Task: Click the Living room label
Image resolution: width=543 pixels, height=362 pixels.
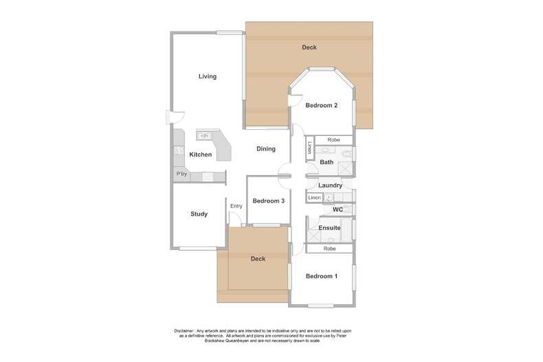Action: (208, 76)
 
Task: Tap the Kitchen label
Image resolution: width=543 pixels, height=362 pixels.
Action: (201, 155)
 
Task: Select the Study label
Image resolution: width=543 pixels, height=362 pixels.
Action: (199, 214)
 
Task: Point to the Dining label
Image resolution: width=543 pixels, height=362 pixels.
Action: (266, 149)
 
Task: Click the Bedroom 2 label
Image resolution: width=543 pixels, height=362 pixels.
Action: (321, 105)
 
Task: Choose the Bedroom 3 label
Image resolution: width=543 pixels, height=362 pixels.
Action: (268, 201)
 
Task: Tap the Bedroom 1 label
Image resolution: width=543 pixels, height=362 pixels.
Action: (321, 276)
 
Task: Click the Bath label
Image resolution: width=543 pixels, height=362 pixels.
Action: (326, 163)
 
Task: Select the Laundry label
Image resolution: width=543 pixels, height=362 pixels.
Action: (331, 185)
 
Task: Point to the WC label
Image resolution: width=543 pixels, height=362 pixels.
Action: (337, 210)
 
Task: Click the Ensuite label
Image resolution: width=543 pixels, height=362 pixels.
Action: (329, 227)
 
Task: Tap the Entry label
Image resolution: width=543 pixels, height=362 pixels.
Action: (236, 206)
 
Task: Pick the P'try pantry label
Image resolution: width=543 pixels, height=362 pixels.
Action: (182, 174)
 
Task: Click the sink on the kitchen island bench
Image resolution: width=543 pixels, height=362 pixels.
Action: (205, 136)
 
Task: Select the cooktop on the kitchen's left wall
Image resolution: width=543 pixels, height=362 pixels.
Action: (179, 150)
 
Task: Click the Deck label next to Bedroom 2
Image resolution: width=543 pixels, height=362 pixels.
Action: (309, 47)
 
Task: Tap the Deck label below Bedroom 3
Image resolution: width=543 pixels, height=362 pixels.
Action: (258, 259)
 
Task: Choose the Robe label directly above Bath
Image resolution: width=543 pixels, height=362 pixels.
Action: (333, 140)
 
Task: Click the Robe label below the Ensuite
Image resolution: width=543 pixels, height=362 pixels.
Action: (330, 249)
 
